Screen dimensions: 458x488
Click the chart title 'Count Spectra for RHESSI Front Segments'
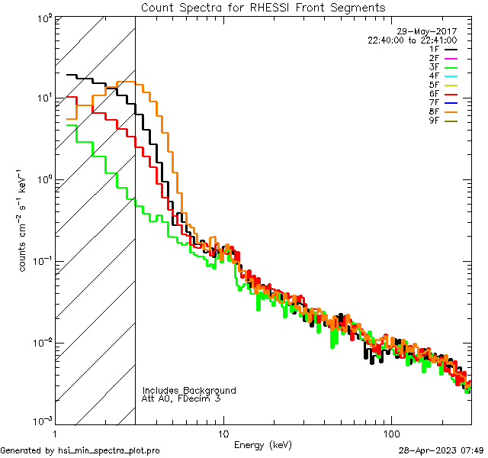click(263, 8)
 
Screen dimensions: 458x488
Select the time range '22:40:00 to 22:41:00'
click(413, 40)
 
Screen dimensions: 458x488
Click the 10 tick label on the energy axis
click(223, 433)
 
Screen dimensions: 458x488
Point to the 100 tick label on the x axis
click(391, 433)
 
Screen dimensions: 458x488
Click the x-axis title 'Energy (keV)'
click(263, 445)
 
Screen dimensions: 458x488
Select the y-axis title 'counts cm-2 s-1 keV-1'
click(24, 221)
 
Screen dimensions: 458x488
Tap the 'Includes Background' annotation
click(189, 390)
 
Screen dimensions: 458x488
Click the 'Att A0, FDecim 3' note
click(181, 398)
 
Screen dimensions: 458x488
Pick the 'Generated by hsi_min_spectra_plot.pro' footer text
click(81, 451)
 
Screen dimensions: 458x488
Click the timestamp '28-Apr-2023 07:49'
click(440, 451)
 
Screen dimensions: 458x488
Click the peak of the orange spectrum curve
click(130, 82)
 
